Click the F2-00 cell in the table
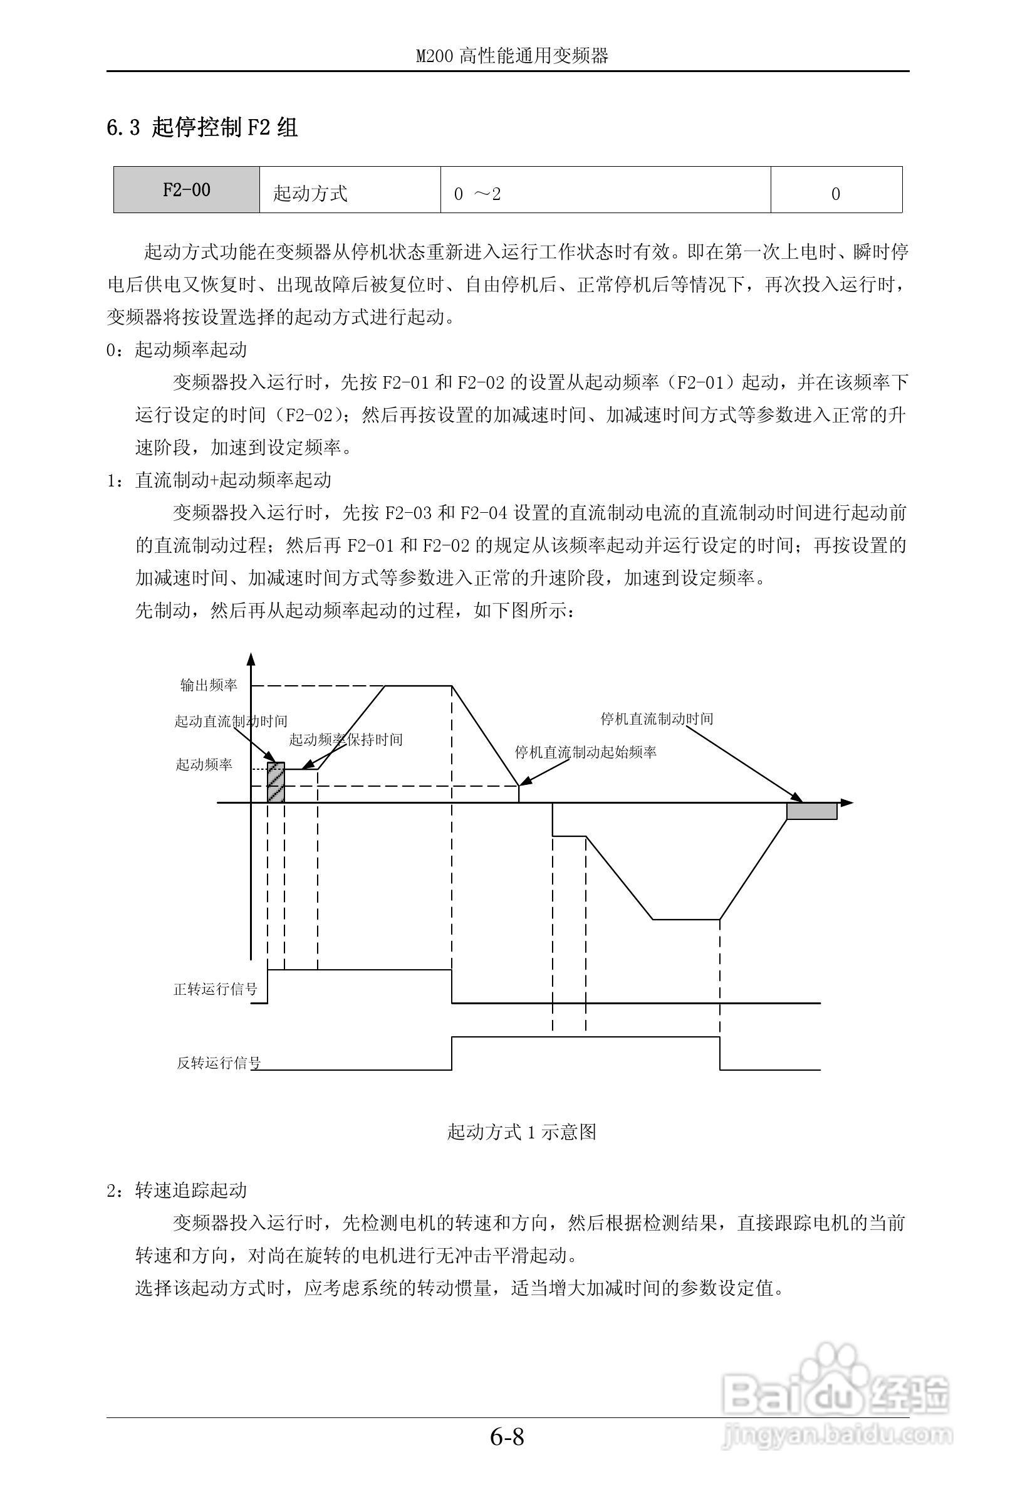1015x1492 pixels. [186, 190]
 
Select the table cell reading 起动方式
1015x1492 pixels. [310, 193]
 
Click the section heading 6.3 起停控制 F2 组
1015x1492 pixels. [202, 128]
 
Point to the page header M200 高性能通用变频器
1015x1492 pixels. [511, 56]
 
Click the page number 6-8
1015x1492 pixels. [507, 1454]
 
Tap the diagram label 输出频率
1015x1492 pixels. [209, 686]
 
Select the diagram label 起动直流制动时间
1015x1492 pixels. [231, 721]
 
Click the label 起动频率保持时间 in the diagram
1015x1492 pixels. [345, 740]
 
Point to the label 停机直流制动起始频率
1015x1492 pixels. [585, 752]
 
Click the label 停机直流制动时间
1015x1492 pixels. [657, 719]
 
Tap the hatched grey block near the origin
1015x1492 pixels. [275, 782]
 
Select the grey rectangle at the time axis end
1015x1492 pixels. [811, 811]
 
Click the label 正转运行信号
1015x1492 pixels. [215, 989]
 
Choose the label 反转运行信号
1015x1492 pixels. [219, 1063]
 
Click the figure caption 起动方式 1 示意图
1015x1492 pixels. [522, 1131]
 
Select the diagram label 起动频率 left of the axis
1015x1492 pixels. [204, 765]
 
